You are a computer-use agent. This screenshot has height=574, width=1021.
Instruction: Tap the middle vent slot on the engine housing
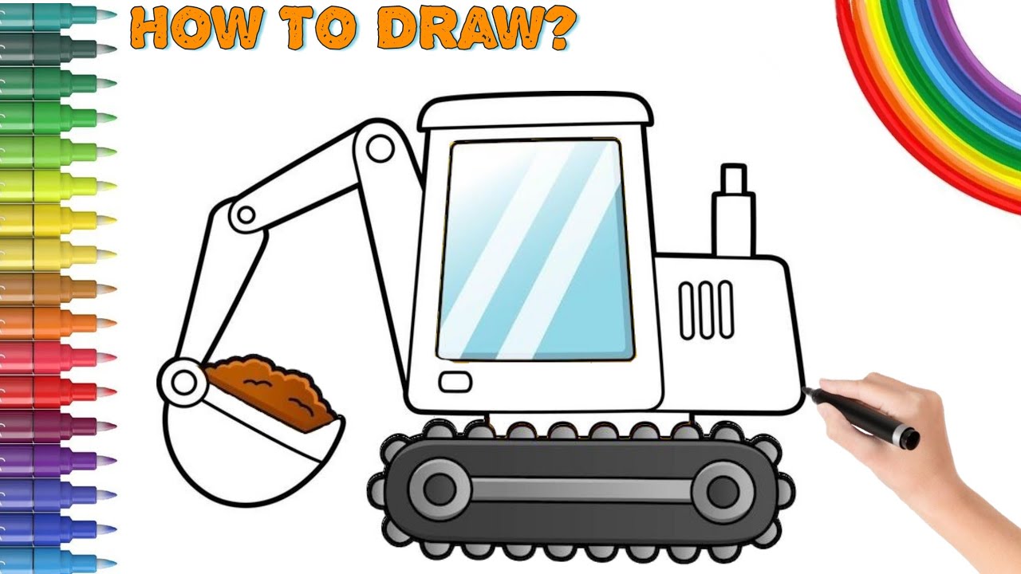[706, 309]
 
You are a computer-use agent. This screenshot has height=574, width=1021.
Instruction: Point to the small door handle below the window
[455, 383]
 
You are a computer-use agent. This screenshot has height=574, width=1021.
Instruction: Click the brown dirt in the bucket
[271, 387]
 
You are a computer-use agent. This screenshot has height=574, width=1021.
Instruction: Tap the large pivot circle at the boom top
[381, 147]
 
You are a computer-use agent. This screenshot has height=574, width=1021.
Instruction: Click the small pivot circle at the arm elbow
[246, 214]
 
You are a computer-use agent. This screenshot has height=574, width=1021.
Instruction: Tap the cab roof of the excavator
[535, 112]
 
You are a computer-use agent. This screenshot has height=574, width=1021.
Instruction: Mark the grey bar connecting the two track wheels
[581, 489]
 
